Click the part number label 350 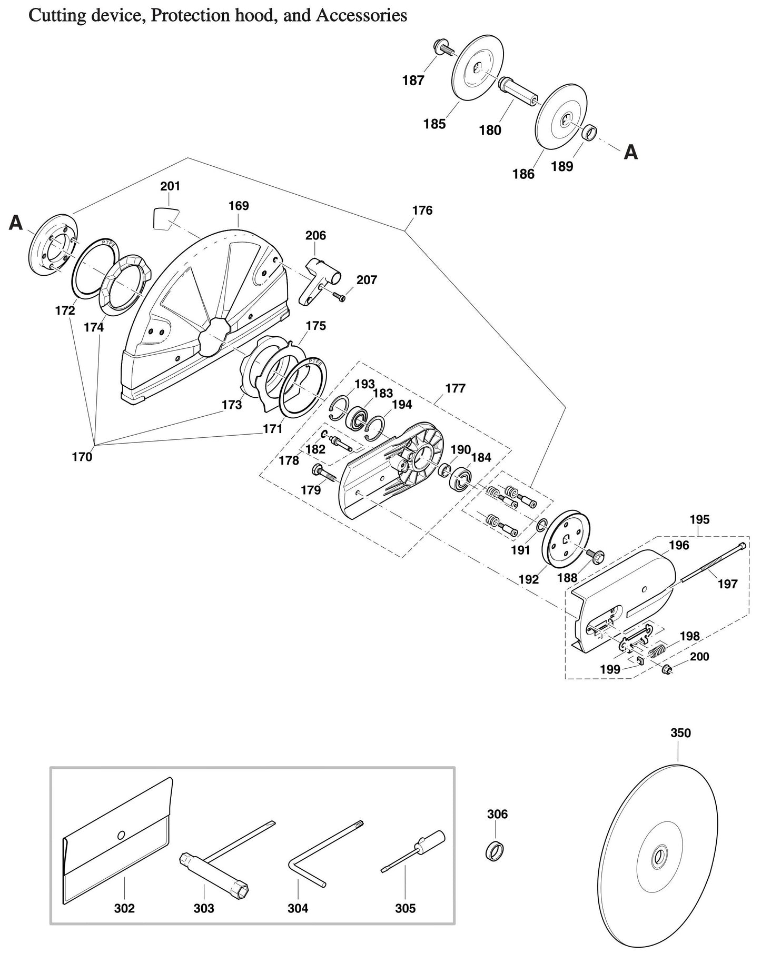[x=680, y=733]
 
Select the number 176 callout [x=422, y=210]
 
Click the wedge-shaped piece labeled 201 [x=165, y=218]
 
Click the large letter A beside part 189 [x=631, y=153]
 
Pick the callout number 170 [x=82, y=457]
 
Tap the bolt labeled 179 [x=324, y=472]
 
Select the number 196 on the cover [x=679, y=545]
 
